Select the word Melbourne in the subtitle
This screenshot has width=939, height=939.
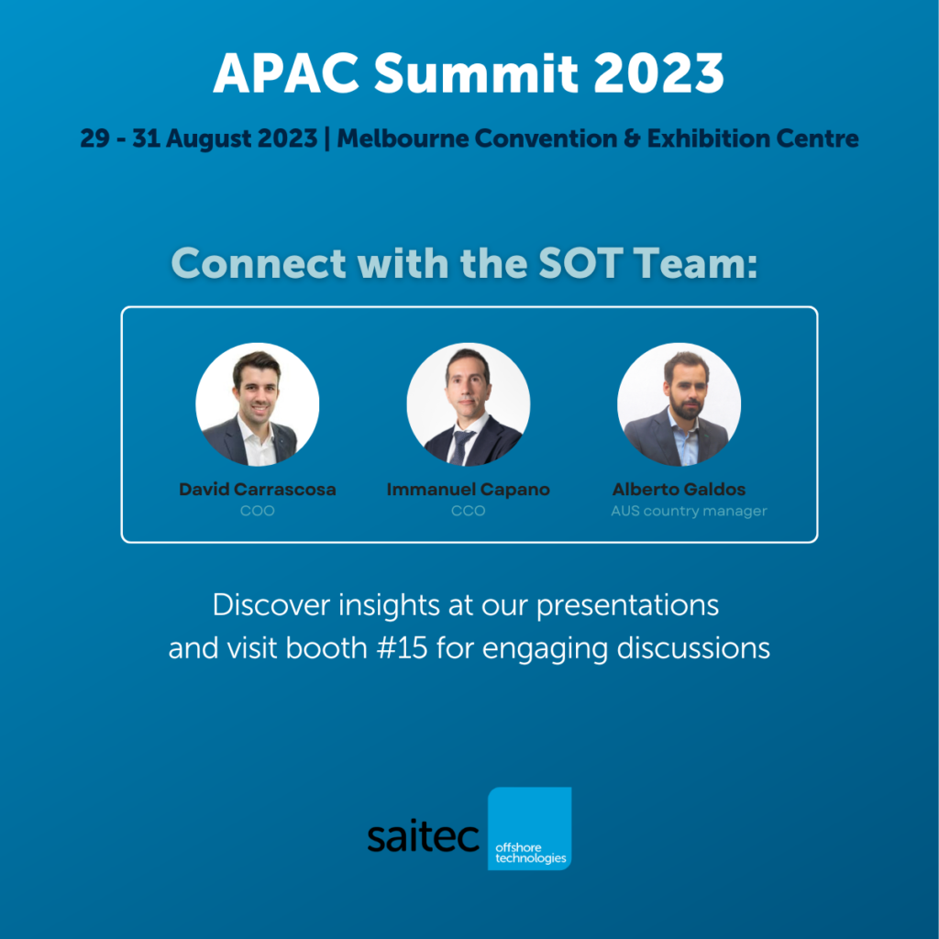click(403, 138)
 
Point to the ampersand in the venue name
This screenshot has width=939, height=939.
click(632, 138)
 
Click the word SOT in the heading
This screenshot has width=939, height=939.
click(580, 263)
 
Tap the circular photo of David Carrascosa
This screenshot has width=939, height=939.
click(258, 404)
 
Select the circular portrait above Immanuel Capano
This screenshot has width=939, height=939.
click(469, 404)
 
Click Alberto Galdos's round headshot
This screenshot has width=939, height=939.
click(679, 404)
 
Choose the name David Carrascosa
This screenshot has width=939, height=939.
click(258, 490)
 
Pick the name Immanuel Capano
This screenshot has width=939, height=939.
click(469, 490)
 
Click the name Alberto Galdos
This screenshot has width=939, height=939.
click(679, 490)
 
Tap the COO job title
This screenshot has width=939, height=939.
click(258, 511)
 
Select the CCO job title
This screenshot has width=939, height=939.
click(469, 511)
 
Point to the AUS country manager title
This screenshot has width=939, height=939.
click(689, 511)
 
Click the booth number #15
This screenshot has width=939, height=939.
click(403, 648)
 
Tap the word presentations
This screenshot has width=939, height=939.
click(627, 606)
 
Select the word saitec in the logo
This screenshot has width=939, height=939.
click(424, 836)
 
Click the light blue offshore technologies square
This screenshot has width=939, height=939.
click(529, 828)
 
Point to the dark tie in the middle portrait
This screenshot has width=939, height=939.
click(460, 447)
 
